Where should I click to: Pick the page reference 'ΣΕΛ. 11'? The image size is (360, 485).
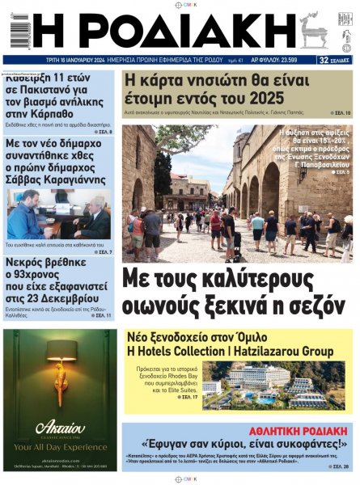(102, 314)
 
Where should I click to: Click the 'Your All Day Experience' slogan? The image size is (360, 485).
(59, 445)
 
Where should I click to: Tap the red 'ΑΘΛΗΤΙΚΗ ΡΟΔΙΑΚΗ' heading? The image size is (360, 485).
(299, 430)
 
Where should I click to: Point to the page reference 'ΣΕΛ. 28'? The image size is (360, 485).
(341, 467)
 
